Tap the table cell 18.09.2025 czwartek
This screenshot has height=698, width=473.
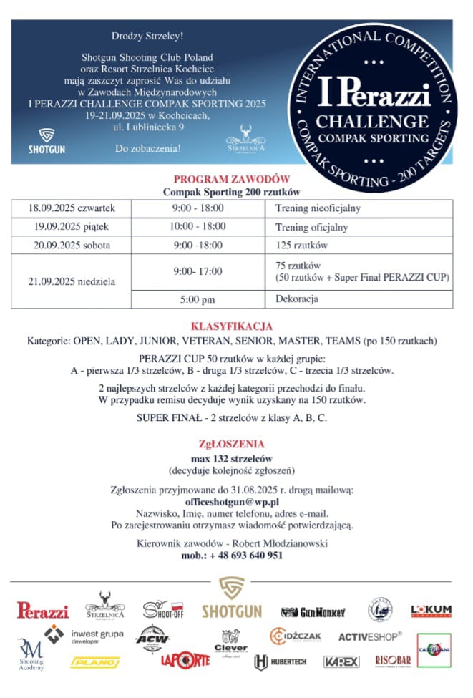[71, 208]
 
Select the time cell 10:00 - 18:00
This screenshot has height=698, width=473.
[198, 227]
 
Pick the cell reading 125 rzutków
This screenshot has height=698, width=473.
[301, 246]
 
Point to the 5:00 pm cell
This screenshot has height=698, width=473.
[198, 299]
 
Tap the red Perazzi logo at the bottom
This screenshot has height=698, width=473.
[43, 611]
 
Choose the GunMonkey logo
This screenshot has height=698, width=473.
[313, 612]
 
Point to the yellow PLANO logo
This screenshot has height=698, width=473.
[95, 663]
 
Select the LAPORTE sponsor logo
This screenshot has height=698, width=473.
[185, 660]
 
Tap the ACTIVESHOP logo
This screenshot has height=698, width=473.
[370, 636]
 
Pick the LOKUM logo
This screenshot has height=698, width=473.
[431, 611]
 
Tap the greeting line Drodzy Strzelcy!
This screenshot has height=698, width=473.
[148, 36]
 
